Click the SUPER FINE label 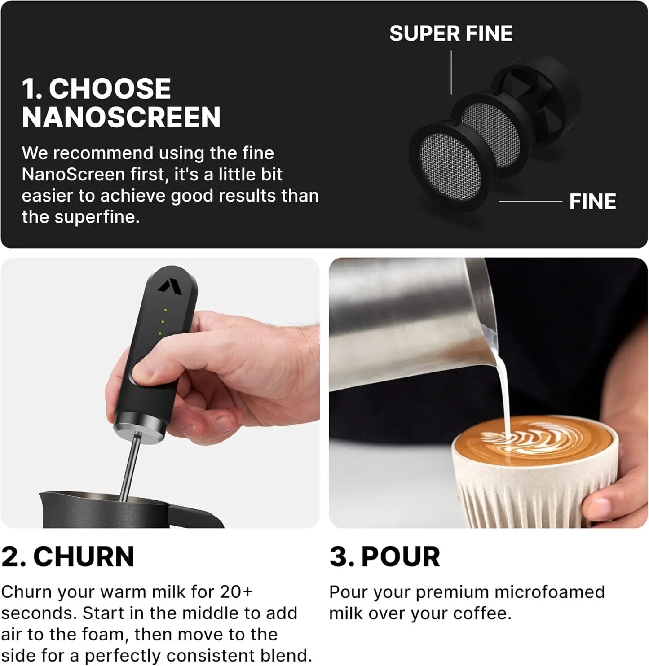coord(450,34)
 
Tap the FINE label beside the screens coord(592,202)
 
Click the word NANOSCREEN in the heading coord(121,118)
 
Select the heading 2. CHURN coord(68,556)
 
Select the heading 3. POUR coord(384,556)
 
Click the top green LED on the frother coord(166,310)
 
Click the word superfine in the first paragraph coord(97,217)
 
